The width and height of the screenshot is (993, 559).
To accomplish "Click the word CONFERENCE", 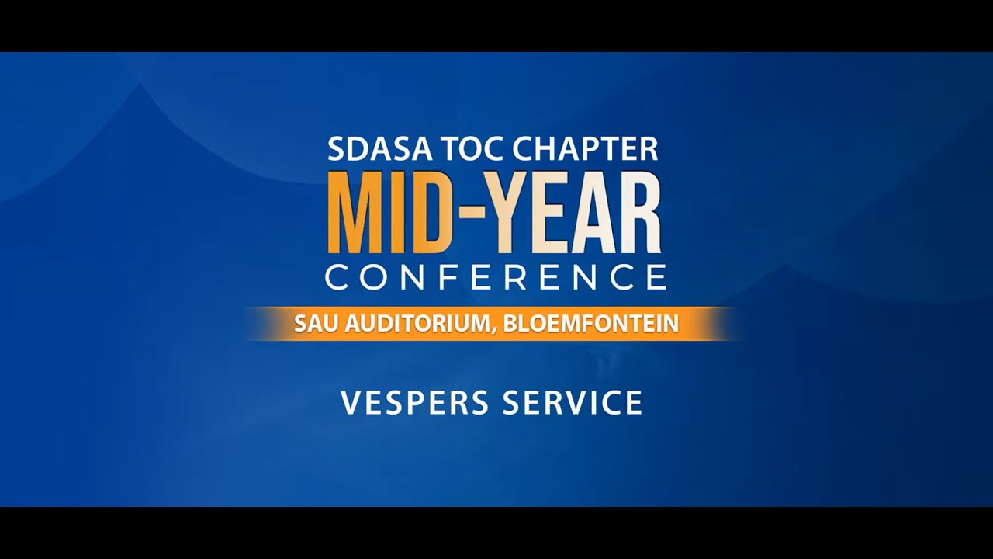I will pos(496,277).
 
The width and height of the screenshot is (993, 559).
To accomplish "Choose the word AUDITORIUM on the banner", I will pos(415,324).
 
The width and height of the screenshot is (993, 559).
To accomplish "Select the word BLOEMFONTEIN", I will pos(591,324).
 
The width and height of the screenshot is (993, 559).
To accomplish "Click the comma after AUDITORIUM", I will pos(493,331).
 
